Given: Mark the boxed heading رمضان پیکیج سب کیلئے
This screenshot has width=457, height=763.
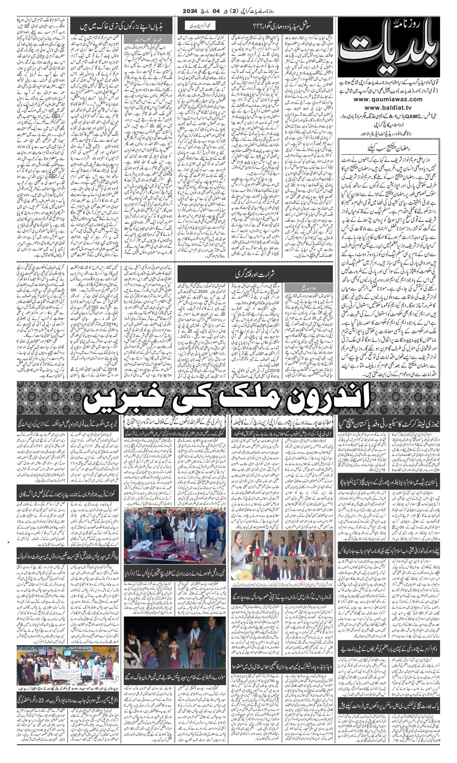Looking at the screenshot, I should [389, 148].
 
